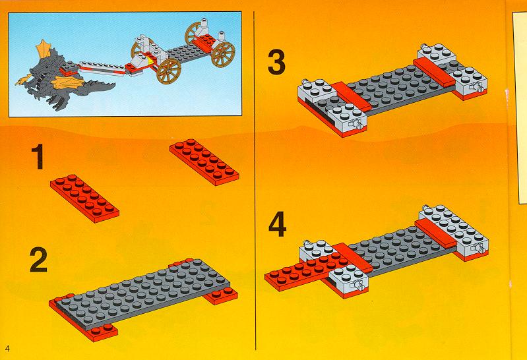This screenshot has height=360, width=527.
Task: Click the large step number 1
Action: point(39,156)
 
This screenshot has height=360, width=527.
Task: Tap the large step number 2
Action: point(38,259)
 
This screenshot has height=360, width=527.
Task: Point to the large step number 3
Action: point(276,62)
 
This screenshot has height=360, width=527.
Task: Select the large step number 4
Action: point(278,224)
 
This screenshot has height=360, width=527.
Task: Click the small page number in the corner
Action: point(7,348)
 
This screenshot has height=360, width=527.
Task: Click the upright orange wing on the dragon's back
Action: point(44,49)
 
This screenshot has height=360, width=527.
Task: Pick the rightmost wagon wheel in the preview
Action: point(223,55)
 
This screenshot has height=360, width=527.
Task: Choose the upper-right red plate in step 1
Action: point(204,162)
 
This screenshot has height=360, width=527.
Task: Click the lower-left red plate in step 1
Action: point(84,198)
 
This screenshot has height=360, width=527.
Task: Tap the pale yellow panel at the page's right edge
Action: point(520,107)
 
